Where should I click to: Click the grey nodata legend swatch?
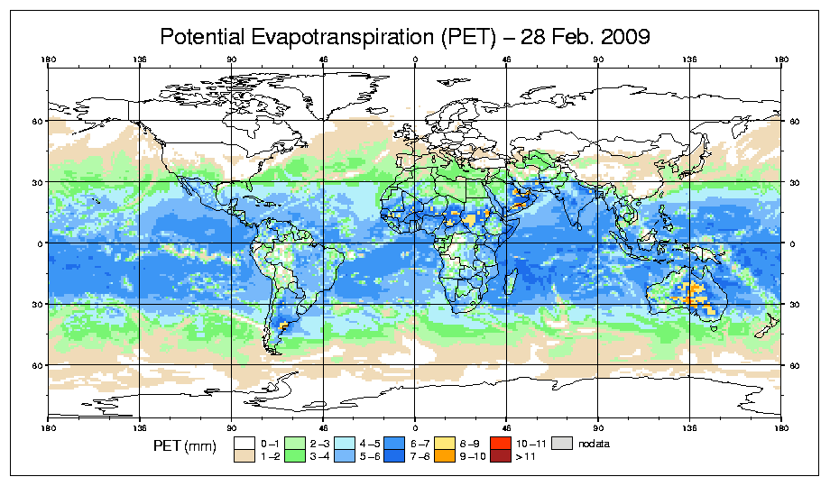[x=564, y=443]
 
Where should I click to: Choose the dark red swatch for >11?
[x=500, y=456]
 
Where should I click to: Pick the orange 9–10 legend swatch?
[x=444, y=456]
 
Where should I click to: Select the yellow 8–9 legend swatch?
[x=444, y=443]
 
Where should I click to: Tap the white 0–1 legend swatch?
[x=244, y=443]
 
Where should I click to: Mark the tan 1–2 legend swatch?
[x=244, y=456]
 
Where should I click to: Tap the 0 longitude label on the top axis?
[x=414, y=60]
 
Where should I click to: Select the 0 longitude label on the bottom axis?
[x=414, y=425]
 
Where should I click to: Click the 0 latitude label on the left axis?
[x=36, y=243]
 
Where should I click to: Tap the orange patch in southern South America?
[x=283, y=325]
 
